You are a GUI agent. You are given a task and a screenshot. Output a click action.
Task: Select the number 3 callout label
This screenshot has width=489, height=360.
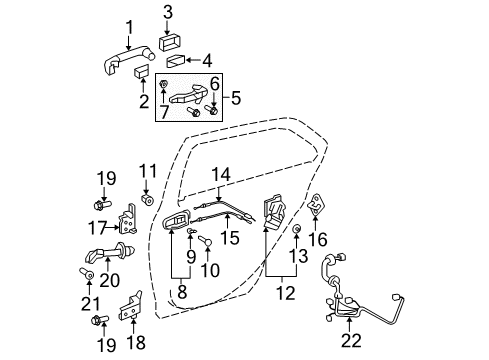(x=167, y=13)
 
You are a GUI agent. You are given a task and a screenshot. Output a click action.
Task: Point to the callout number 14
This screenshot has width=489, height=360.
(x=219, y=174)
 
